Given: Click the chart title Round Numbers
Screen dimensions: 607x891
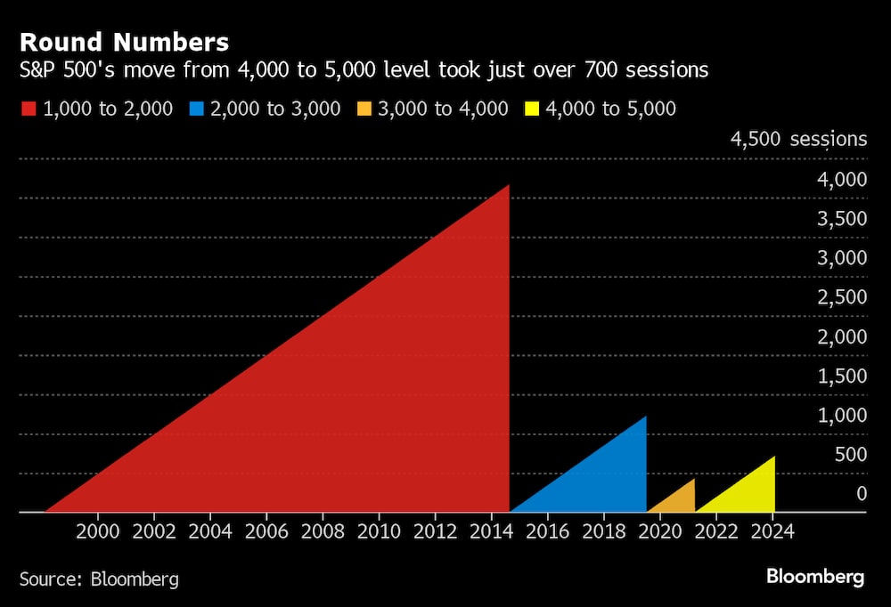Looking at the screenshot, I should pos(124,42).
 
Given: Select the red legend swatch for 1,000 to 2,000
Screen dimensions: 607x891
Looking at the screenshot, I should pos(28,109).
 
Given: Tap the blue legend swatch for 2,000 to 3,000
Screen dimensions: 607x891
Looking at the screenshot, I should pos(198,109).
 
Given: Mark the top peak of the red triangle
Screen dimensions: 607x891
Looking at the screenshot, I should pos(508,186).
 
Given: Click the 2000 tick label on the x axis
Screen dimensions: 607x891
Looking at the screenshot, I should pos(99,531).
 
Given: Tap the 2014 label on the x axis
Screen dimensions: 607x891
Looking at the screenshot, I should pos(492,531).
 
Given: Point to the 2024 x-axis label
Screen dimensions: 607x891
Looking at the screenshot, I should pos(772,531).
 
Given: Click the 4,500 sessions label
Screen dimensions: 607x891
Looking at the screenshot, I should pos(798,139).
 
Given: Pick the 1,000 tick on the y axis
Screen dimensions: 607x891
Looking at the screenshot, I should pos(842,415).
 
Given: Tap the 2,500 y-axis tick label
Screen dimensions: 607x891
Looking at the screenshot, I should pos(842,296).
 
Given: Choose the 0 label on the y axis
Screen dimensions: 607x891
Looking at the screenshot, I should pos(861,493).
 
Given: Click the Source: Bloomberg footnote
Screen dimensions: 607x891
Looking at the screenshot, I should pos(99,579).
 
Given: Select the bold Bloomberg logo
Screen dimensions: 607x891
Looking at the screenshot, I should pos(815,578).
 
